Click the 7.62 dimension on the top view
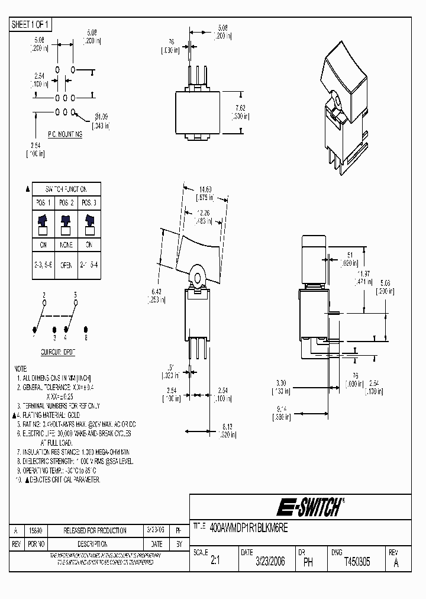pos(240,108)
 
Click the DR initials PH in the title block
pos(308,562)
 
